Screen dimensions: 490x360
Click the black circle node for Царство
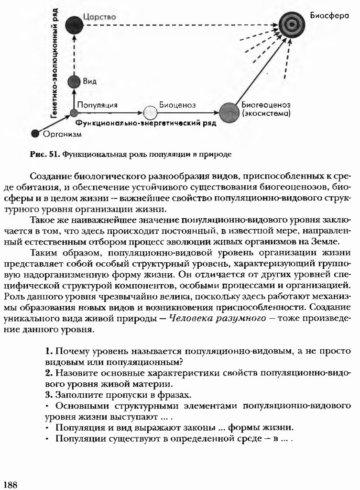[x=74, y=25]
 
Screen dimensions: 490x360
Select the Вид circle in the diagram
[x=74, y=82]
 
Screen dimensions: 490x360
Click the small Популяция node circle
[x=74, y=113]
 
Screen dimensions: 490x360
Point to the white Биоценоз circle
[x=150, y=113]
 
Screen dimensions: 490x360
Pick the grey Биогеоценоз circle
[x=229, y=112]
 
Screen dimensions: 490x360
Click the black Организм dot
[x=34, y=134]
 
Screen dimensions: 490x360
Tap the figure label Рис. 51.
[x=44, y=155]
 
